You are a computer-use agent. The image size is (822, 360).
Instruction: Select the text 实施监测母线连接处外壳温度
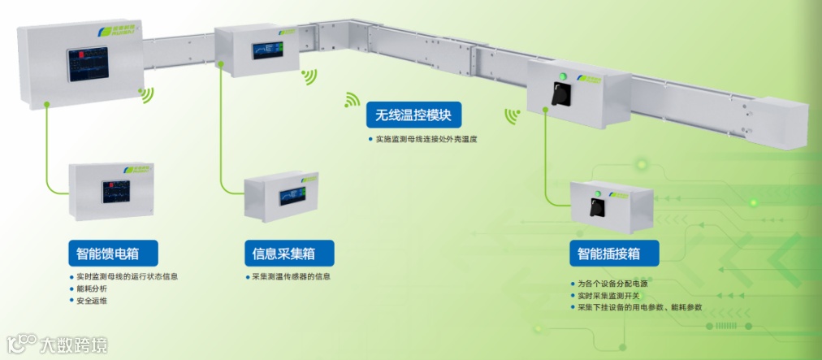[x=425, y=139]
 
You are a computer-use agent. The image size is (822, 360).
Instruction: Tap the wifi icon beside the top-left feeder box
[x=146, y=95]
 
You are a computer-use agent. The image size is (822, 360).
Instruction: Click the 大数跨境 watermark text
[x=72, y=346]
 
